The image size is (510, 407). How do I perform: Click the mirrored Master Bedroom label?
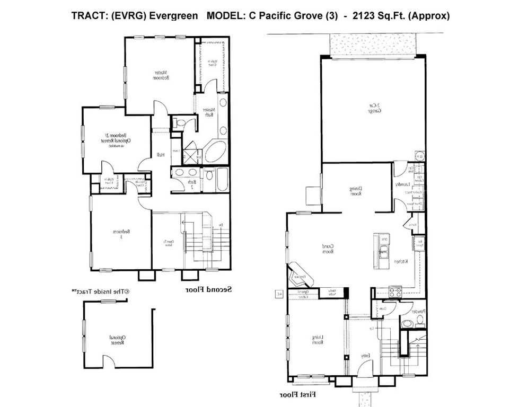click(x=161, y=75)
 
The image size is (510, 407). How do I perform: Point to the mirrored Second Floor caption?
click(x=209, y=290)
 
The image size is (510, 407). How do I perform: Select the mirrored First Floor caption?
click(x=298, y=395)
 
